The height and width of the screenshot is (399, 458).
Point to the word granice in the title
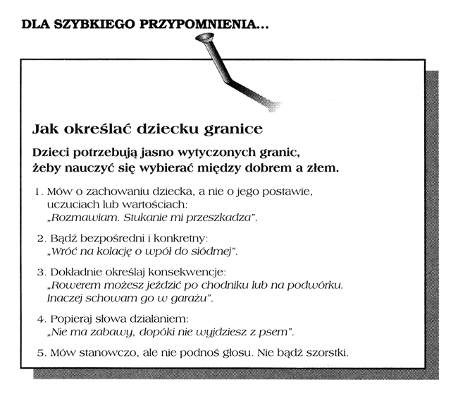233,130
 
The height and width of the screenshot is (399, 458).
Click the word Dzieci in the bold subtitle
54,153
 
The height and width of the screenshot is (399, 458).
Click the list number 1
37,191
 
